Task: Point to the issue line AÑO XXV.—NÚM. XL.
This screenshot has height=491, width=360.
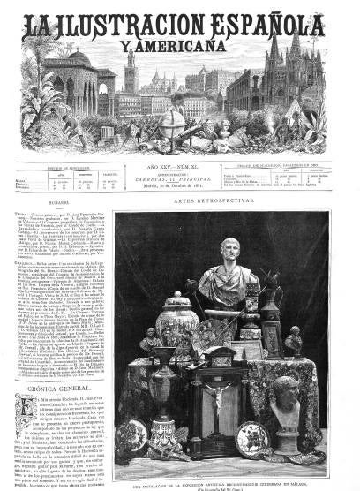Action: [x=180, y=167]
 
